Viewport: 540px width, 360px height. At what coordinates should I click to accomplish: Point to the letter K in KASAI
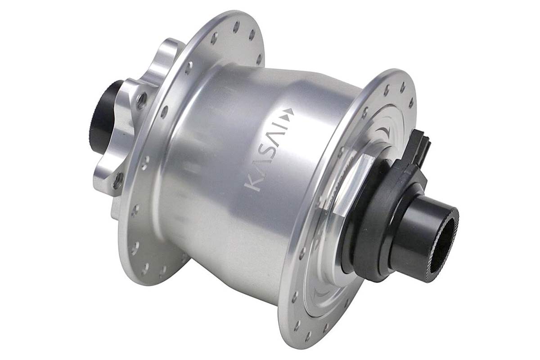(254, 184)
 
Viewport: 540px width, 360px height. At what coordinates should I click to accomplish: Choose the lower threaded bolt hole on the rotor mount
(117, 180)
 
